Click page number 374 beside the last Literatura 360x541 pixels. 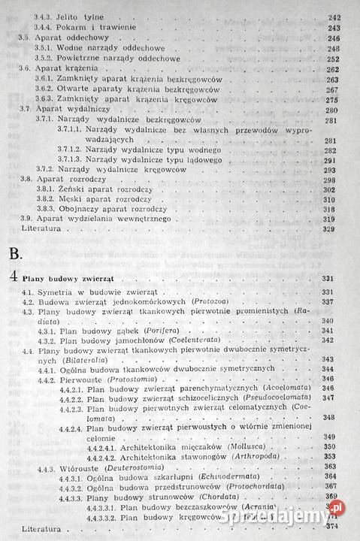(x=331, y=528)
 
